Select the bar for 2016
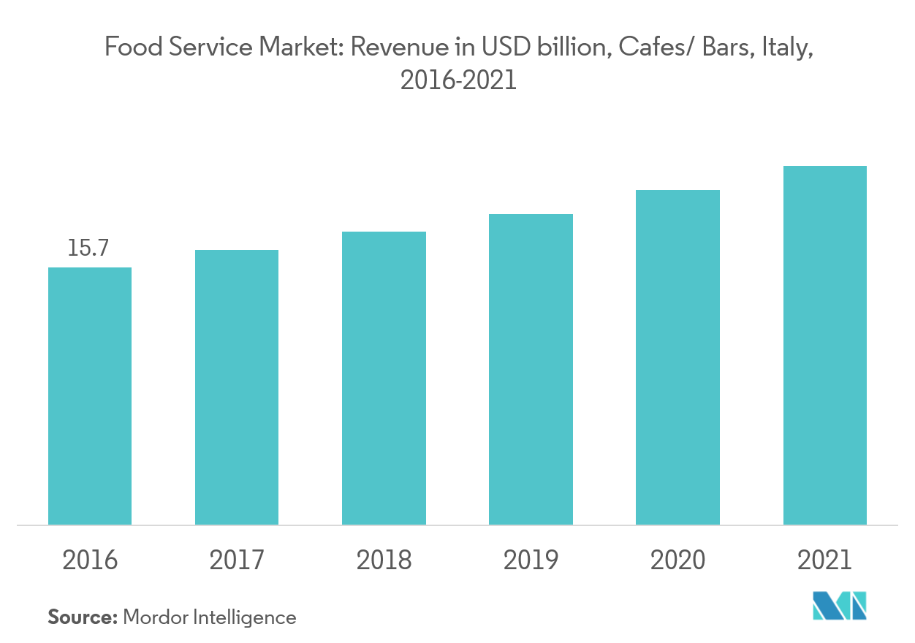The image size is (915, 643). (x=90, y=396)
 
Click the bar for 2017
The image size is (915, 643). (x=237, y=387)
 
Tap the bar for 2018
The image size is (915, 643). (x=384, y=378)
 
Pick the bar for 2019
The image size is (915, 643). (x=531, y=369)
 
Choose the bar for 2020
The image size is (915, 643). (x=677, y=357)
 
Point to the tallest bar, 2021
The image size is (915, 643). (x=824, y=345)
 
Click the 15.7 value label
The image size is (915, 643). (x=88, y=248)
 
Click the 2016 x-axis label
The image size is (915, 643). (x=90, y=560)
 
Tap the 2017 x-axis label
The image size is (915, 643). (x=237, y=560)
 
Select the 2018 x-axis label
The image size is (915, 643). (x=384, y=560)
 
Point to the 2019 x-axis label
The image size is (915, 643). (x=531, y=560)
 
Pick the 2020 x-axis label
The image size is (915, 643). (x=677, y=560)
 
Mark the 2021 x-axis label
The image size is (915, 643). (x=824, y=560)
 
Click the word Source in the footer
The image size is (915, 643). (x=82, y=617)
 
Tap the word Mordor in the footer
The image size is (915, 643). (x=156, y=617)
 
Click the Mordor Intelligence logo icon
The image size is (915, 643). (x=839, y=606)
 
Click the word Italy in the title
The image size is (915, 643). (x=786, y=49)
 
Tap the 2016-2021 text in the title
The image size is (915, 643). (x=458, y=80)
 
